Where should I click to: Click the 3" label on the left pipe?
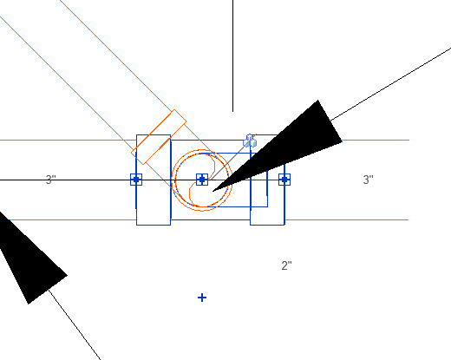[x=50, y=180]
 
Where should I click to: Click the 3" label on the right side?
[x=368, y=180]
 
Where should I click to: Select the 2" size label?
[x=286, y=265]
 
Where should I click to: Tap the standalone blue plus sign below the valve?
[x=202, y=298]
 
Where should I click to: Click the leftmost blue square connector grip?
[x=136, y=180]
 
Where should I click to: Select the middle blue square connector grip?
[x=202, y=180]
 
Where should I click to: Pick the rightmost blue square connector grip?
[x=284, y=180]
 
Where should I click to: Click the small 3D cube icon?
[x=251, y=141]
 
